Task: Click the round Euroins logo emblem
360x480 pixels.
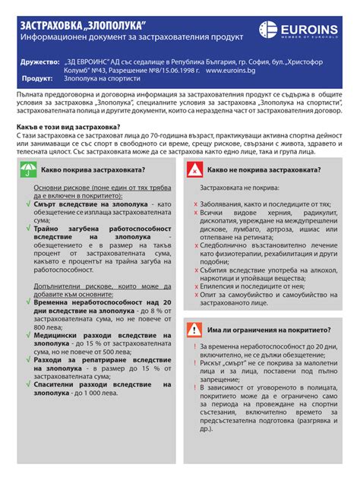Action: [x=267, y=30]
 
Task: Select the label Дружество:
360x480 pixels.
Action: [x=40, y=60]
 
